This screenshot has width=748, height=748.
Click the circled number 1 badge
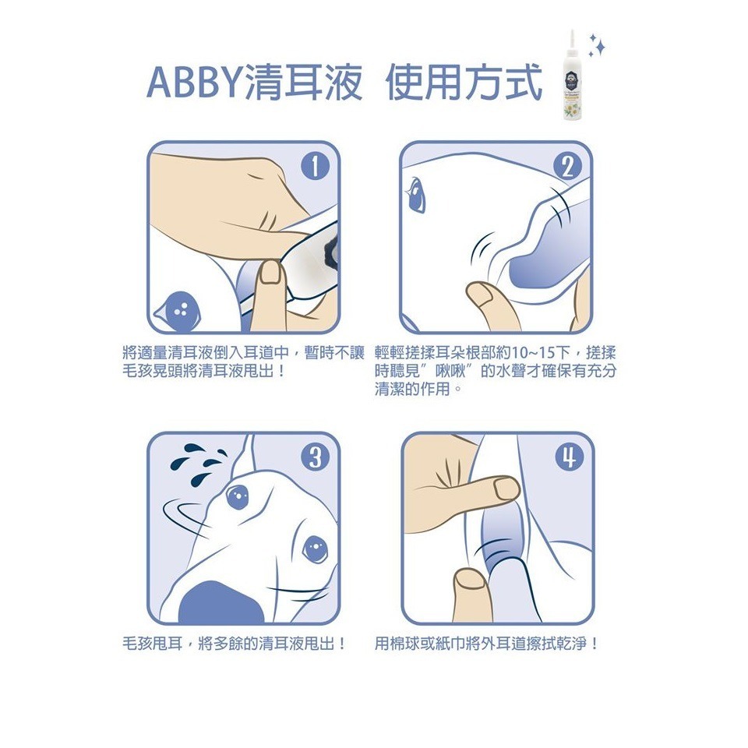[x=313, y=167]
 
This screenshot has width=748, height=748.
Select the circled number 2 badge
[x=567, y=167]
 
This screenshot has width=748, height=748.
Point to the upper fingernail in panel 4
[x=505, y=489]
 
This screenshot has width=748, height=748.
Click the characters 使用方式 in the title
[x=464, y=83]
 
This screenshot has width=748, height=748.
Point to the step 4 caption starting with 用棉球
[x=487, y=644]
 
